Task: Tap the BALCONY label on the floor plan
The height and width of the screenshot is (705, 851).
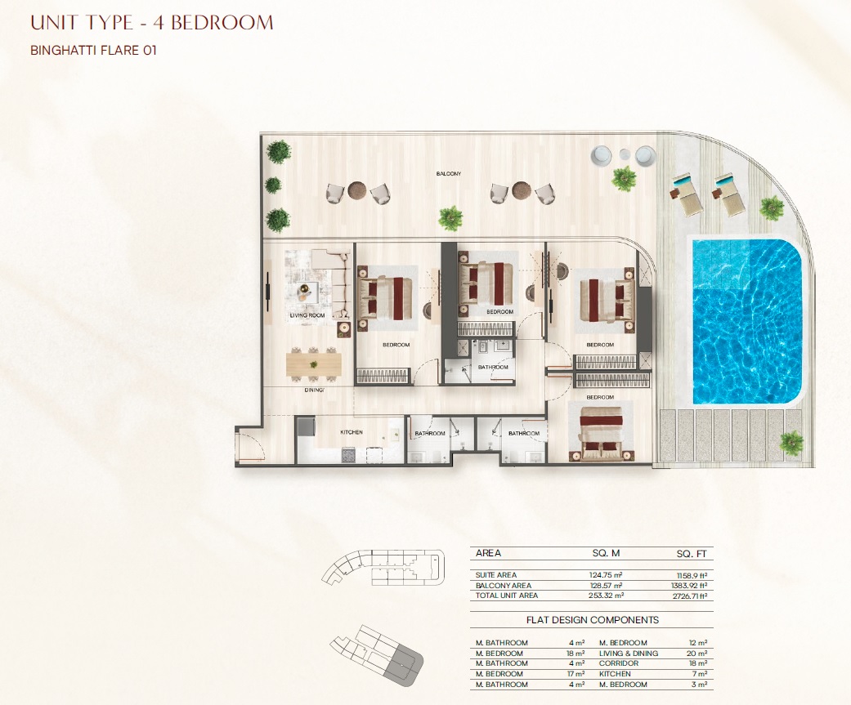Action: coord(449,174)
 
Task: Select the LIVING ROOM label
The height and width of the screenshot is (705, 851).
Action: coord(308,315)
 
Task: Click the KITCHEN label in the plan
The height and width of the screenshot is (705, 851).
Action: coord(352,432)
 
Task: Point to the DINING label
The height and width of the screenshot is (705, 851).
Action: coord(313,390)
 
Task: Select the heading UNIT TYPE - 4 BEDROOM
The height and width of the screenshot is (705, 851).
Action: coord(151,22)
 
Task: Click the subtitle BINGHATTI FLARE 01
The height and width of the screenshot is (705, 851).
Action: coord(92,51)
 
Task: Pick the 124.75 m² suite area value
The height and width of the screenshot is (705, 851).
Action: coord(606,575)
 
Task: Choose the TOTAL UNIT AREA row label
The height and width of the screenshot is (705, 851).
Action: coord(507,596)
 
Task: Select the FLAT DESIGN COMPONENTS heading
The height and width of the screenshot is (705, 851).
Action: coord(593,620)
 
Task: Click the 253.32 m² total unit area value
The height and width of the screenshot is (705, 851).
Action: coord(606,596)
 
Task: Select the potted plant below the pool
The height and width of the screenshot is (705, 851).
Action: coord(791,442)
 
